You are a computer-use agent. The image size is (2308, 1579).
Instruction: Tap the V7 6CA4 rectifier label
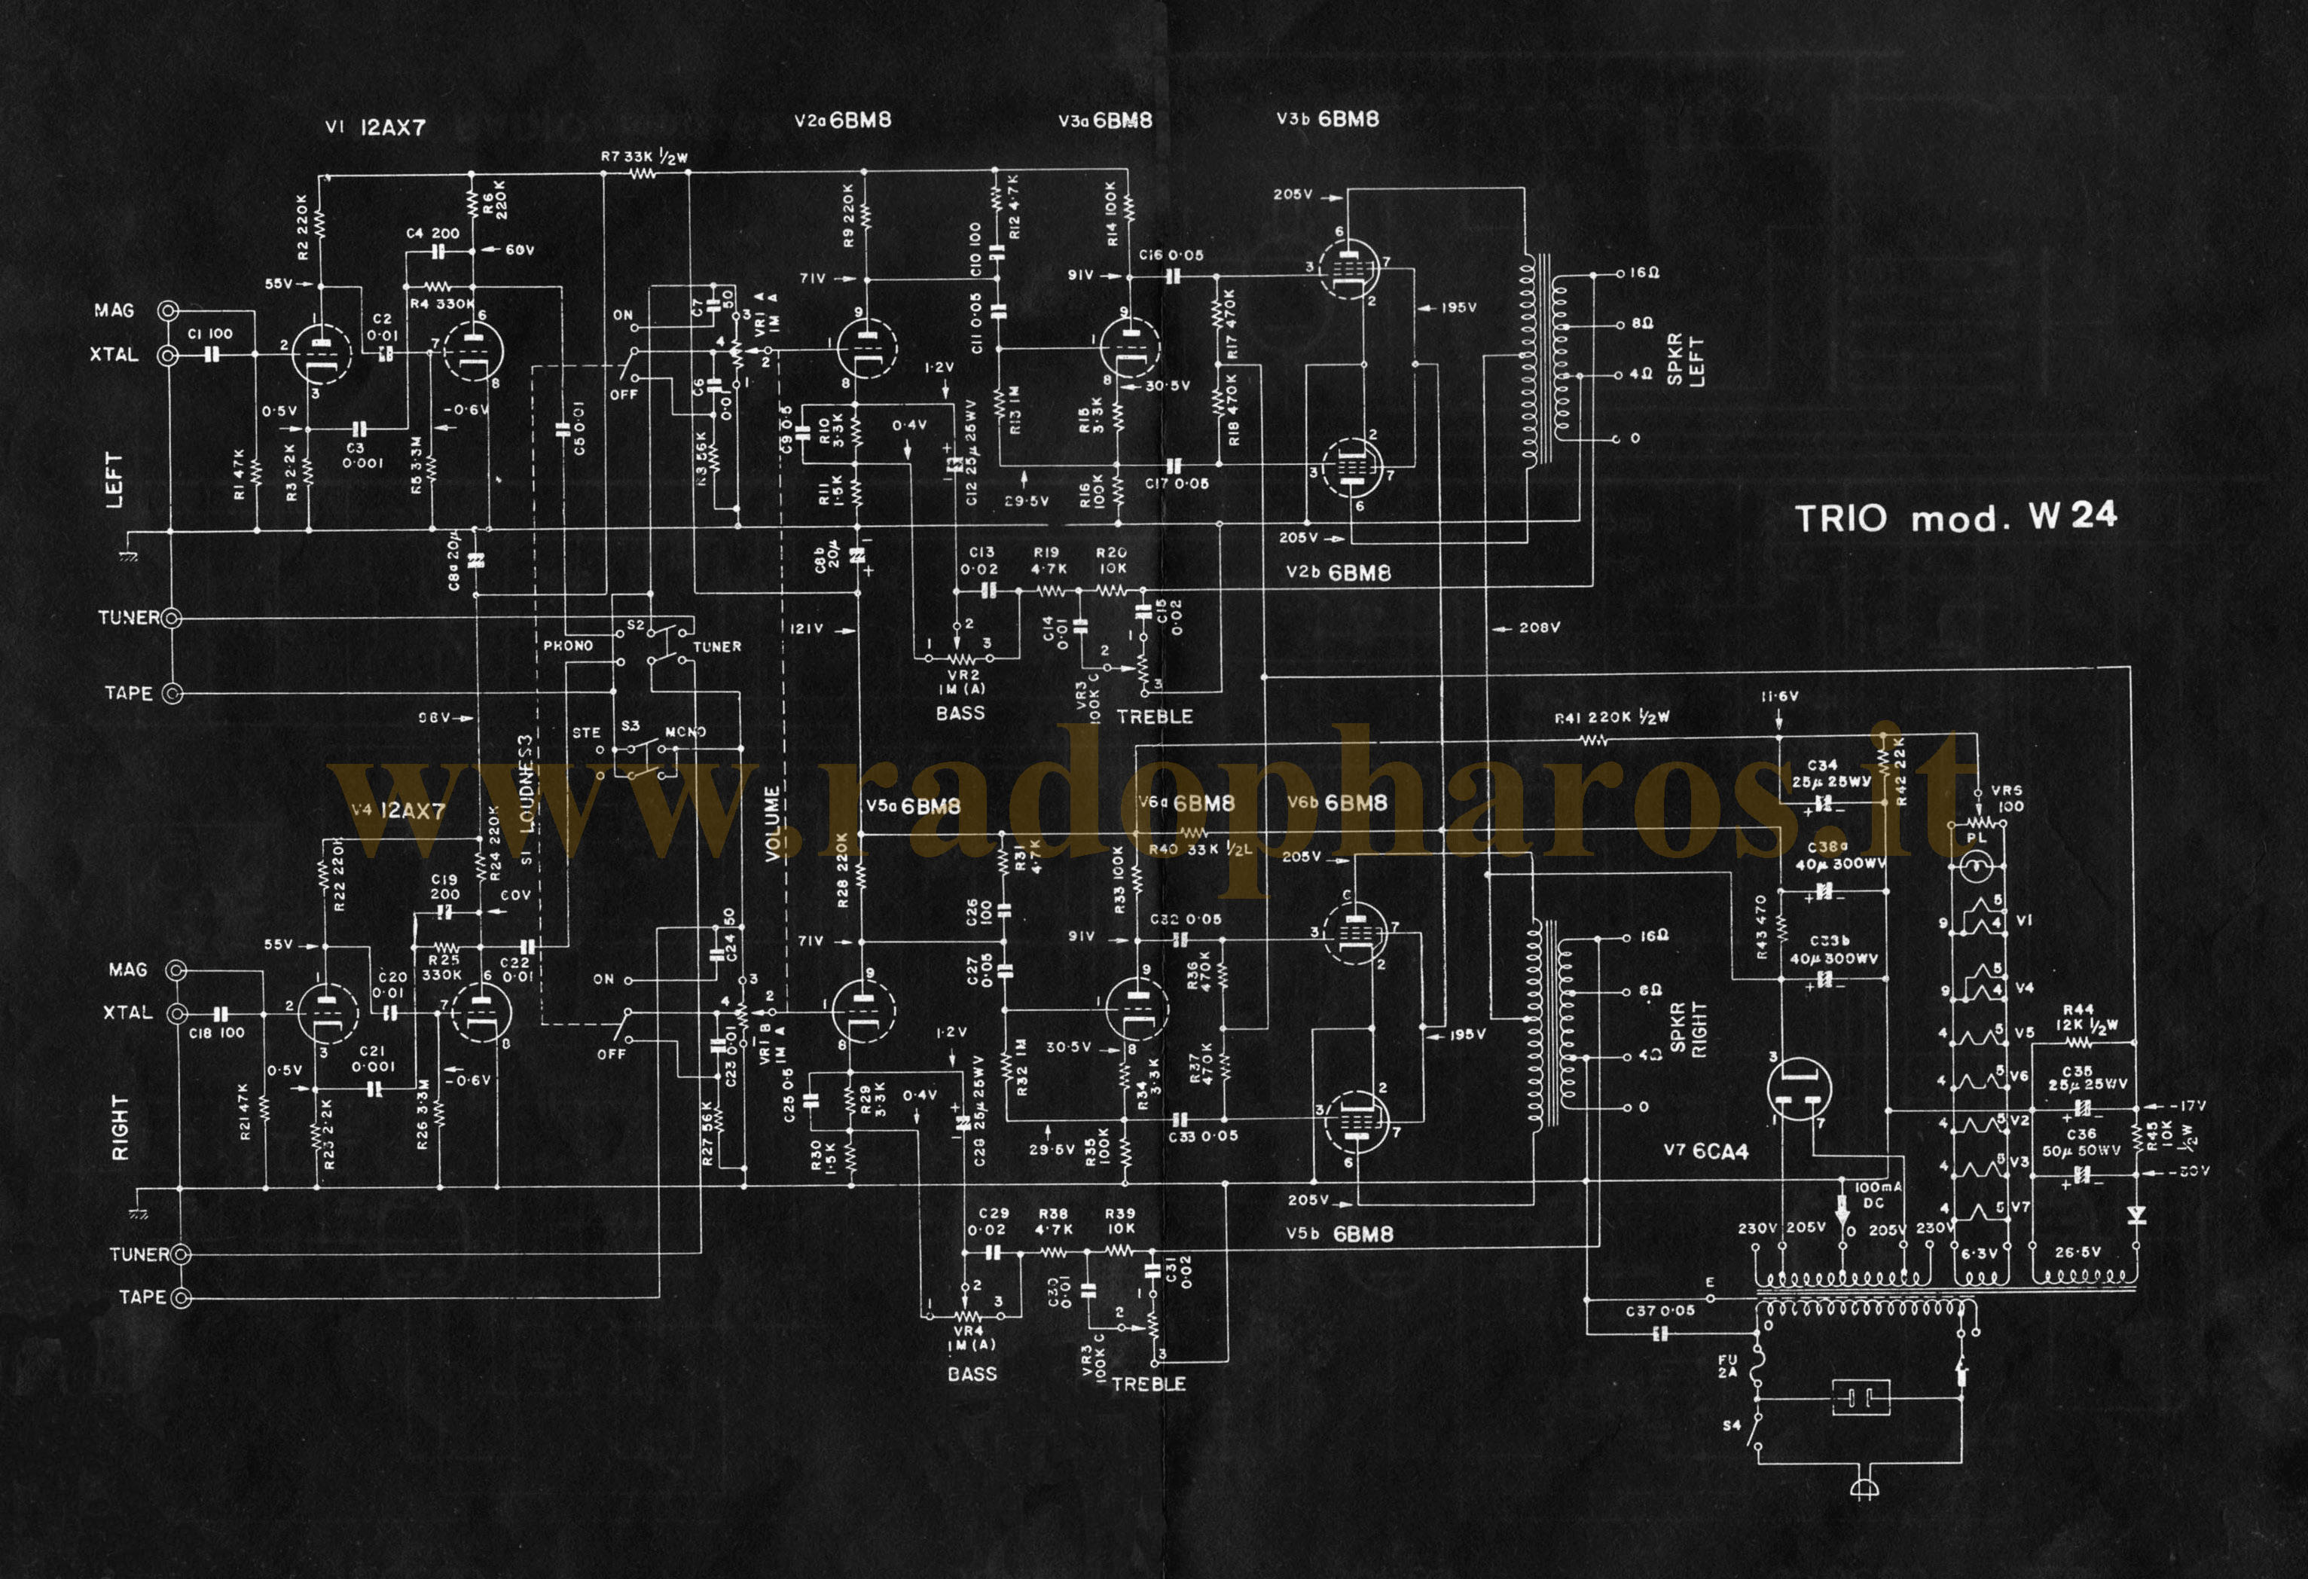coord(1705,1151)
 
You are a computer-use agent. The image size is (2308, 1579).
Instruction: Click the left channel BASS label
coord(960,713)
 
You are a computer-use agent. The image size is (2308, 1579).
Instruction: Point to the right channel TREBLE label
coord(1148,1383)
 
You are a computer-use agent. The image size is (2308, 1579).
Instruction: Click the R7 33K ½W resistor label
coord(643,157)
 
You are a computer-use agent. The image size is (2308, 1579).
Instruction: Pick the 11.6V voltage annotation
coord(1778,696)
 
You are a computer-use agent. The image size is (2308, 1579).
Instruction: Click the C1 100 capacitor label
coord(209,334)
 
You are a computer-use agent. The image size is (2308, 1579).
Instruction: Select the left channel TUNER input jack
coord(172,618)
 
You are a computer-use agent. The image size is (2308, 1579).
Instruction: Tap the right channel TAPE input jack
coord(181,1298)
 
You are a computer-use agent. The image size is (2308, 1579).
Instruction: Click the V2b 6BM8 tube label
coord(1338,573)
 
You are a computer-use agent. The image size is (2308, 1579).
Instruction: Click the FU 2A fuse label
coord(1728,1367)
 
